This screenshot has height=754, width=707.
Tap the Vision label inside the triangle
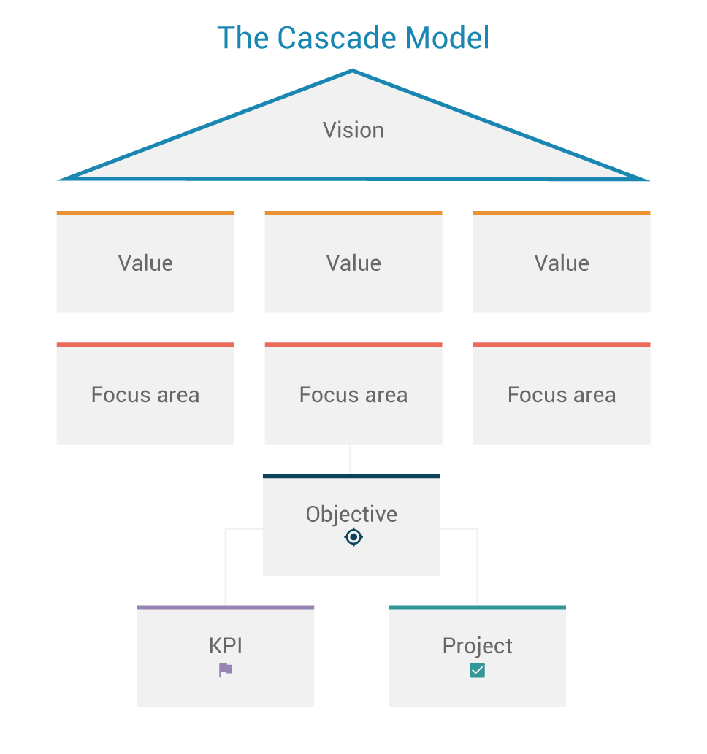point(353,130)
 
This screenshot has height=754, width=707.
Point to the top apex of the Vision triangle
point(353,72)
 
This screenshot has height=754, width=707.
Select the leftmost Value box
point(145,263)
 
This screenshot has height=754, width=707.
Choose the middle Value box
point(353,263)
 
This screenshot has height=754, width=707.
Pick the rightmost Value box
point(562,263)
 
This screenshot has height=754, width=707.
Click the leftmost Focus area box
point(145,395)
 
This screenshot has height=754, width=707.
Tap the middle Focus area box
point(353,395)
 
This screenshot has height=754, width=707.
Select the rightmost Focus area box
point(562,395)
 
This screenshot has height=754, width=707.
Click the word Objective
point(351,514)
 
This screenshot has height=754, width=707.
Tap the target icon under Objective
point(353,537)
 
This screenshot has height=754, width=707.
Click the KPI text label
point(226,646)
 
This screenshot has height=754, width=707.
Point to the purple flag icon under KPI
point(226,670)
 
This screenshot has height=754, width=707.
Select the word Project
point(478,646)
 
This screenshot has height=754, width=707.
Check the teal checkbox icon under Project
point(477,670)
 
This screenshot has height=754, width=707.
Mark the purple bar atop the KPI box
point(226,607)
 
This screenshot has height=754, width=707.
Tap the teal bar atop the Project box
point(477,607)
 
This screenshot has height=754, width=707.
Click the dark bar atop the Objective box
point(351,476)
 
